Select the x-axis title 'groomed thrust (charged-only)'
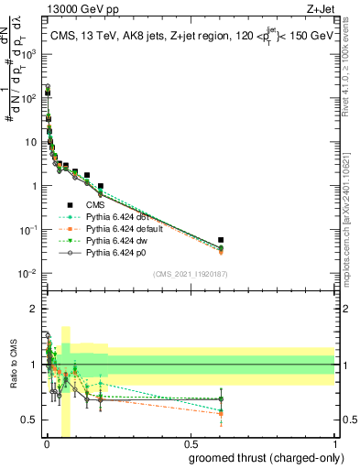click(274, 457)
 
